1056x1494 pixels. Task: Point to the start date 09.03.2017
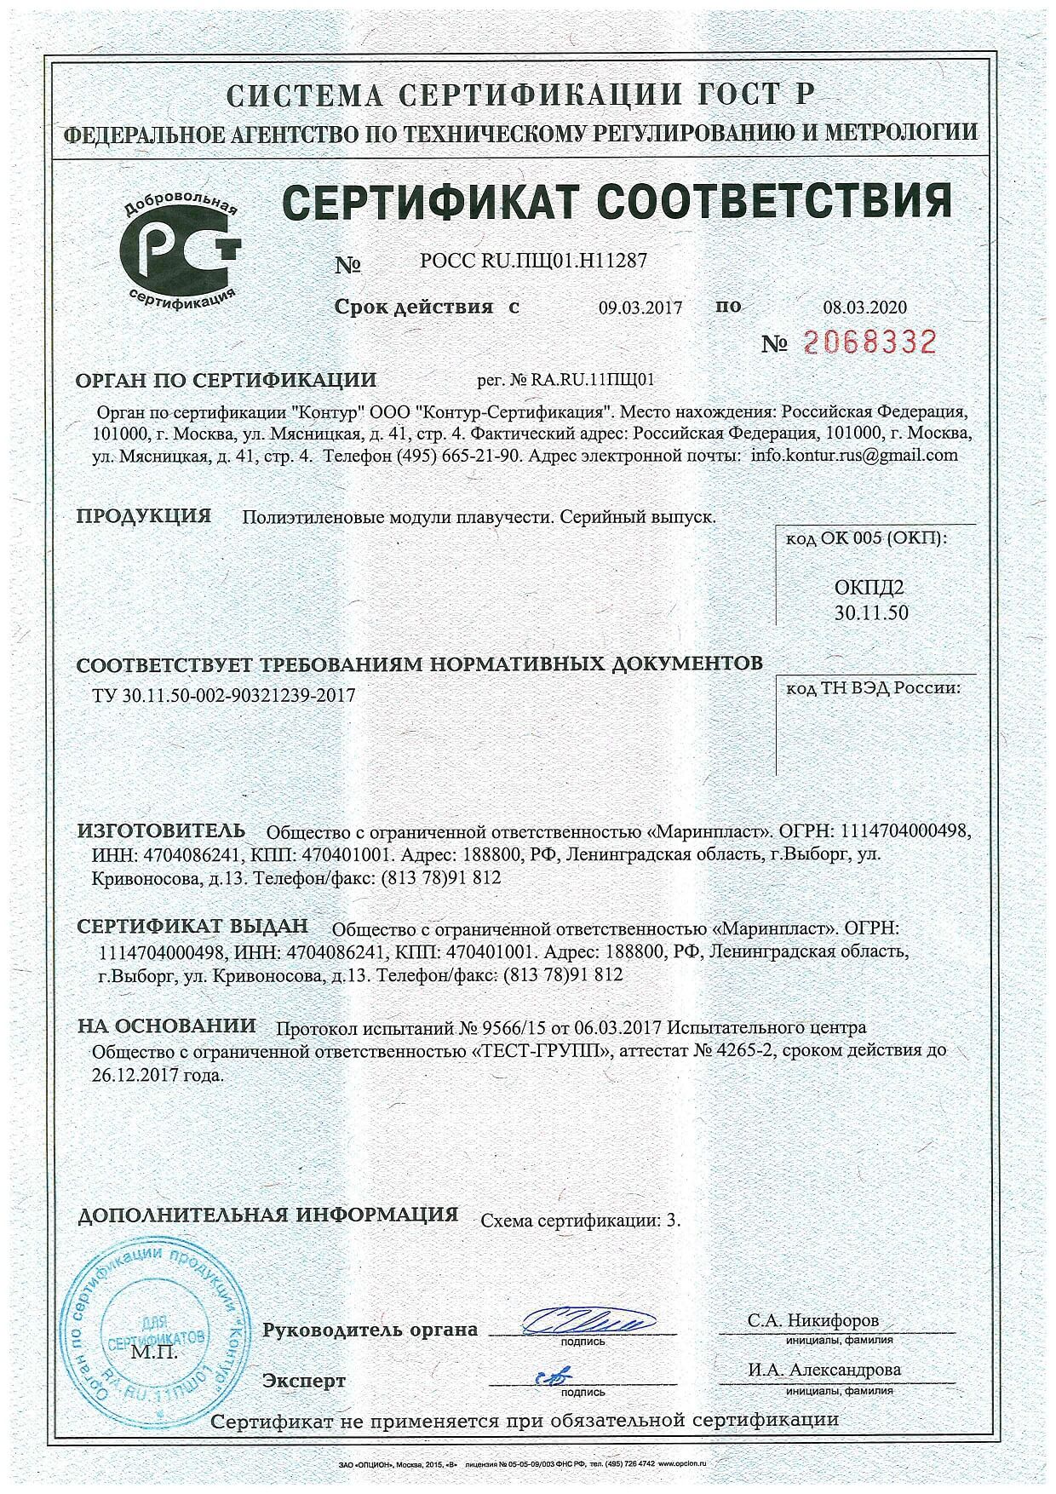click(640, 307)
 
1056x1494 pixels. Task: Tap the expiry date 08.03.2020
click(865, 307)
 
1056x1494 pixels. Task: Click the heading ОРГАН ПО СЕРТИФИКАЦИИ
click(226, 380)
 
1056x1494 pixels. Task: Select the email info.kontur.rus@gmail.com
click(854, 455)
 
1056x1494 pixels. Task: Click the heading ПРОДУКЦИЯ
click(144, 516)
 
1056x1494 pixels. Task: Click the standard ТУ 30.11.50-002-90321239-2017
click(223, 695)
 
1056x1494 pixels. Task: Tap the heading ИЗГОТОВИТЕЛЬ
click(161, 830)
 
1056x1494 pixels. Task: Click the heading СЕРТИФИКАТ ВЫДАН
click(192, 927)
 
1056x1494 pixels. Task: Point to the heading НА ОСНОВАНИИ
click(167, 1026)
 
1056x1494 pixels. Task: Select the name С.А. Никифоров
click(813, 1320)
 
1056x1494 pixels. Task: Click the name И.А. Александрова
click(824, 1370)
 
